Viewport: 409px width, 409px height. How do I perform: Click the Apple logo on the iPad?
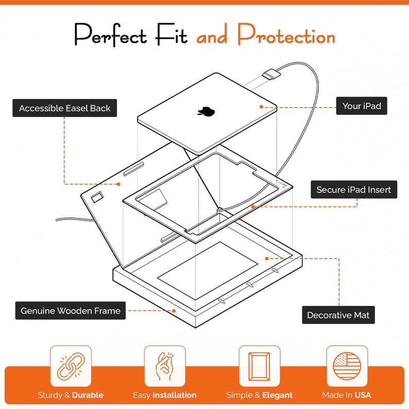coord(206,111)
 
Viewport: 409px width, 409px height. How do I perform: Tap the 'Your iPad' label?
coord(362,107)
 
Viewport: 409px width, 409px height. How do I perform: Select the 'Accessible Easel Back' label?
coord(64,108)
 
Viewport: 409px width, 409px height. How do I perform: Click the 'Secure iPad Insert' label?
coord(353,190)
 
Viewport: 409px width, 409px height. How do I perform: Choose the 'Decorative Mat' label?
coord(338,315)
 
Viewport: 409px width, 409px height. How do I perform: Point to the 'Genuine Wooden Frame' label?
coord(70,311)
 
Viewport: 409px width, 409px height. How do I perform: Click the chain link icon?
coord(71,366)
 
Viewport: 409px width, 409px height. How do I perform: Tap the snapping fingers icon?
coord(164,366)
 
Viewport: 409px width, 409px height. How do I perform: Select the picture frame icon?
coord(259,366)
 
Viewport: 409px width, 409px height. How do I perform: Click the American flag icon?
coord(347,366)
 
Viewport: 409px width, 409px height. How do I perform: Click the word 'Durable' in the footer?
coord(88,395)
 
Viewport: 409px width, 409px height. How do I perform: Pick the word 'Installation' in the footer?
coord(175,395)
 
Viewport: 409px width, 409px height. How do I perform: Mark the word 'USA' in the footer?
coord(362,395)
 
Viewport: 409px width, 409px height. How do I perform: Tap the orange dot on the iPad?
coord(262,107)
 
